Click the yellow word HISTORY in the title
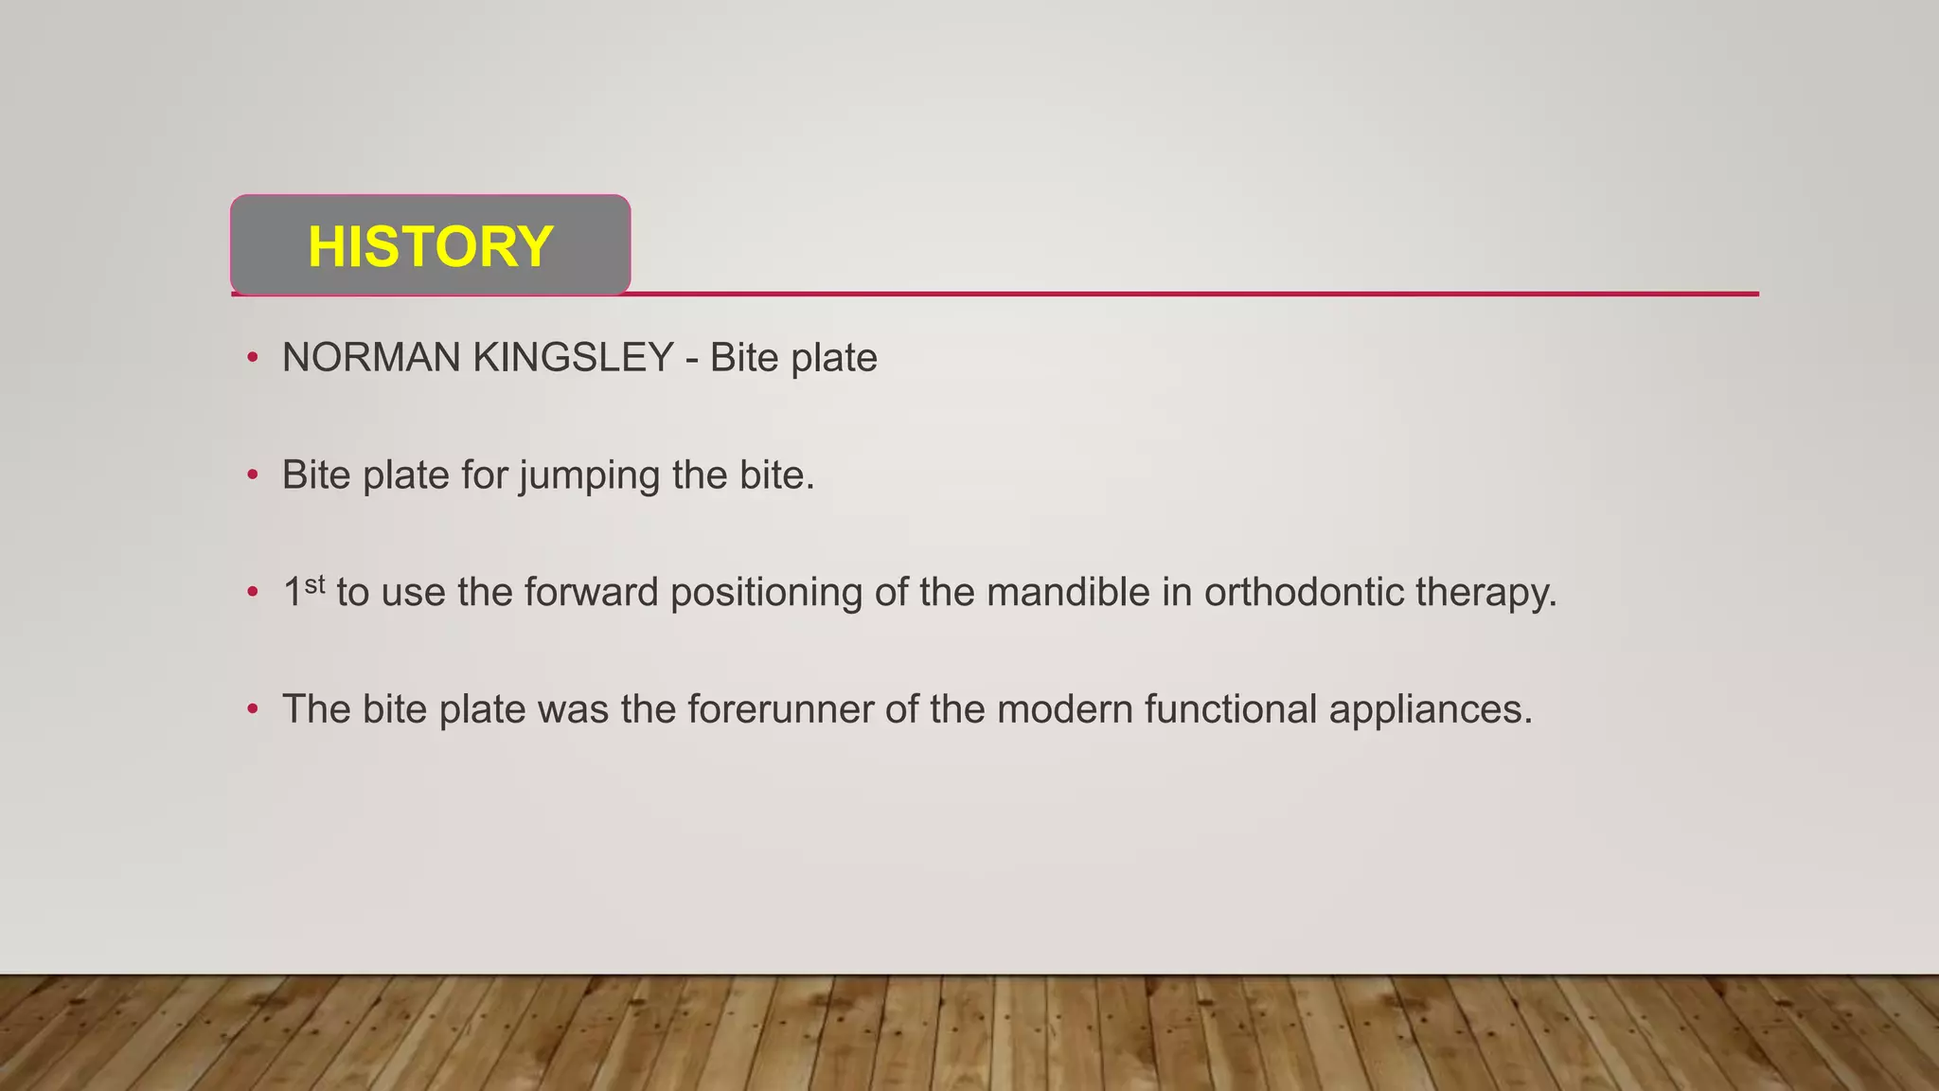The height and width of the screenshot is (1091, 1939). (x=430, y=246)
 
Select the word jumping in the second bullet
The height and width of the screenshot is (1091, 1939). (x=589, y=475)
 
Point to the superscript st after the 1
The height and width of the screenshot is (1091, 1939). (x=314, y=583)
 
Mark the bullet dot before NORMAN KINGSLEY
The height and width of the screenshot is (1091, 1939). (x=252, y=358)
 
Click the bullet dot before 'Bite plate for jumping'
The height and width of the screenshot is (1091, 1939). (x=252, y=475)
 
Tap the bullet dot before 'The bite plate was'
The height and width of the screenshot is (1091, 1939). (x=252, y=709)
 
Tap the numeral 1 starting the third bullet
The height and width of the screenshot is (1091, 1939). (x=293, y=593)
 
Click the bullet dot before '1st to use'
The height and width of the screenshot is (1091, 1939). (x=252, y=593)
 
